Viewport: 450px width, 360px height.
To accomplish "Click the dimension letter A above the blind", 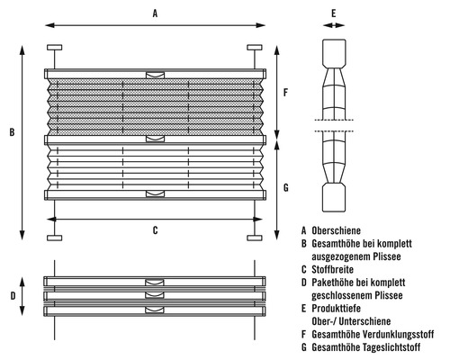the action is (x=155, y=13).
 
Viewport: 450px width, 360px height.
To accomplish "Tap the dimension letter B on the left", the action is (x=12, y=132).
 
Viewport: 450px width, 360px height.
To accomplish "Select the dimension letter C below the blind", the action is (x=155, y=230).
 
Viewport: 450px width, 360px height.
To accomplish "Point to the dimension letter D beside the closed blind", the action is (x=13, y=296).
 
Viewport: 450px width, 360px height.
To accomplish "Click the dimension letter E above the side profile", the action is (x=334, y=13).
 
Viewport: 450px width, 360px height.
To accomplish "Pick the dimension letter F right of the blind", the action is (x=285, y=92).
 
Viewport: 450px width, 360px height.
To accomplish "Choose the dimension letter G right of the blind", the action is (x=286, y=188).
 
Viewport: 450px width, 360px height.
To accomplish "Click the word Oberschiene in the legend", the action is (x=336, y=230).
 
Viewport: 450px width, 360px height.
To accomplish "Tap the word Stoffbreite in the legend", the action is (x=332, y=269).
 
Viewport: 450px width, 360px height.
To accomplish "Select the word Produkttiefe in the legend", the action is (x=336, y=308).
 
